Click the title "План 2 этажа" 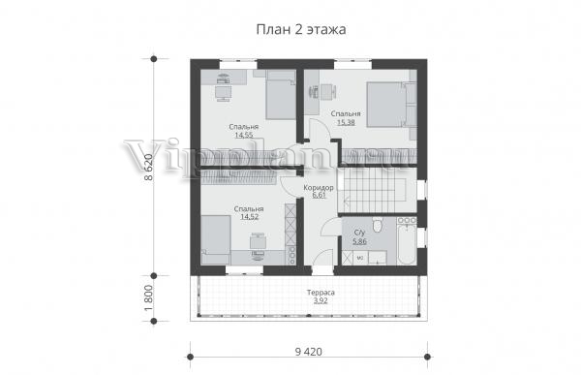pos(301,29)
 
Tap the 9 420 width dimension pos(309,352)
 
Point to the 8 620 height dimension pos(148,168)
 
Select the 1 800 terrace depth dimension pos(148,298)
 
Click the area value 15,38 pos(346,122)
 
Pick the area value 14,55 pos(244,135)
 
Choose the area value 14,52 pos(250,217)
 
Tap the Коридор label pos(319,188)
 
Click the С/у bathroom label pos(360,233)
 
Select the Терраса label pos(321,293)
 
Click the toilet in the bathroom pos(378,225)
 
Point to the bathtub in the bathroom pos(407,243)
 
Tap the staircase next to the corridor pos(377,192)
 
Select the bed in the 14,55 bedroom pos(281,95)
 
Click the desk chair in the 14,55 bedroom pos(223,93)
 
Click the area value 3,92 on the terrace pos(321,300)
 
